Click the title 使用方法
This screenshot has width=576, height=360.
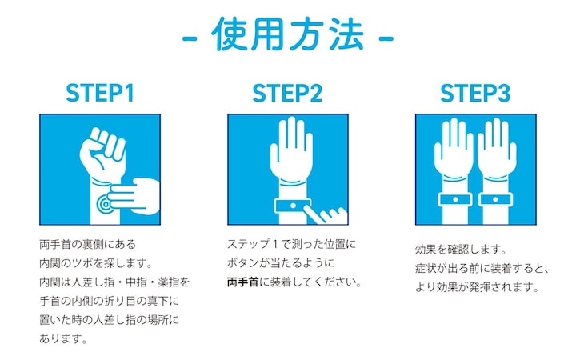288,34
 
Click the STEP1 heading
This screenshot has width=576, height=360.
100,94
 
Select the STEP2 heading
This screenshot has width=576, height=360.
287,94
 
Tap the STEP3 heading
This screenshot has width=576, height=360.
475,94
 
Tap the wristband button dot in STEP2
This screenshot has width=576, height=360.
293,206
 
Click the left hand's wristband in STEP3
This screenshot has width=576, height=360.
455,199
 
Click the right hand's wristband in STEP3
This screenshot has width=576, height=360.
495,199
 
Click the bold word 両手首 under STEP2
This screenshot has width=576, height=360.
243,282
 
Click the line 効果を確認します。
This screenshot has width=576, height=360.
461,250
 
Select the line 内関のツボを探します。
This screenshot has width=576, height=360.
96,263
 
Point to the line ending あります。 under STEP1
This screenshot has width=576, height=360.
63,338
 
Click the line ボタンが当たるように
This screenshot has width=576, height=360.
281,263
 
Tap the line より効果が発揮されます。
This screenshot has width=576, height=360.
477,287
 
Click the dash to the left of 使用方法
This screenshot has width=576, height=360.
190,38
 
